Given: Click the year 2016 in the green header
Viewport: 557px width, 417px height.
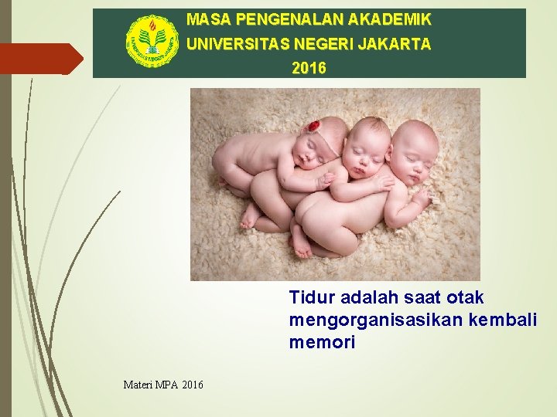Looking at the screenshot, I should coord(309,69).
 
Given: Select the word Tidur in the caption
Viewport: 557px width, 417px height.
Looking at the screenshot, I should coord(309,297).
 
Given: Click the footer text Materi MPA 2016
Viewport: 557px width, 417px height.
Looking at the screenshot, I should coord(163,384).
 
